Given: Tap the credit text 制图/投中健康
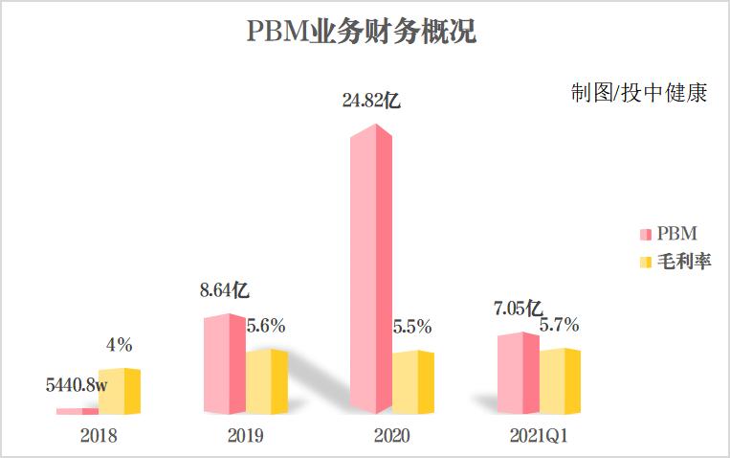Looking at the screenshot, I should pos(638,94).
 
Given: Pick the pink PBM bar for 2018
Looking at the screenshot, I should pos(77,410).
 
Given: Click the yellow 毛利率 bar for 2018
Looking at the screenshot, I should pos(120,391).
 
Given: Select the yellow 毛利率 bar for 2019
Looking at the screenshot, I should pos(267,381).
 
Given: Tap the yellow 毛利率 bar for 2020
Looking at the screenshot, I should pos(413,382).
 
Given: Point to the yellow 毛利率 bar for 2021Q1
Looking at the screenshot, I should pos(560,380).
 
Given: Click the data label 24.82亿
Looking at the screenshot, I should pos(371,99).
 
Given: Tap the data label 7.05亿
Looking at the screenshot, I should pos(519,309).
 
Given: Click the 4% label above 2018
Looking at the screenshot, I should pos(120,344).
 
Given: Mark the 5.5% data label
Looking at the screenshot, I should pos(412,326).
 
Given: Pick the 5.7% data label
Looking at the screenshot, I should pos(560,325).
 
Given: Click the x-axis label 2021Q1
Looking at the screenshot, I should pos(539,436).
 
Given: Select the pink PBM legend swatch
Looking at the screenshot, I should pos(645,235).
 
